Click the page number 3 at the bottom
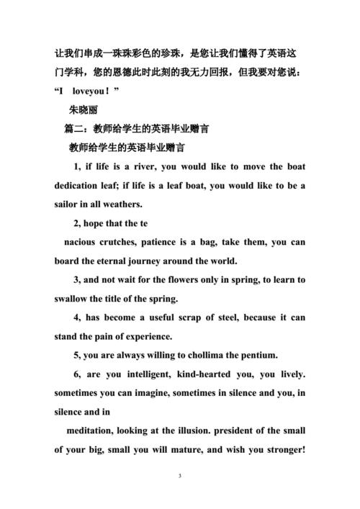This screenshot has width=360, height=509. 180,477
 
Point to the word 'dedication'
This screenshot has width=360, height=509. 79,186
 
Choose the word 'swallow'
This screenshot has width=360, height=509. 74,299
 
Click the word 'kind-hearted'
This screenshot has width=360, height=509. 194,374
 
